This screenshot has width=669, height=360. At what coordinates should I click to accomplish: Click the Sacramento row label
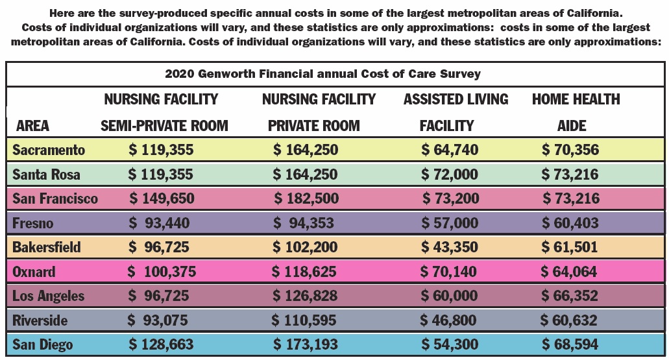pos(49,150)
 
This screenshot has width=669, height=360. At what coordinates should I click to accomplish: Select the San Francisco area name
pos(55,199)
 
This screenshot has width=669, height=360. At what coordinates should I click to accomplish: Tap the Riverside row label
pos(40,320)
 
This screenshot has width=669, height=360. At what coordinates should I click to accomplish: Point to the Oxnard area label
pos(34,272)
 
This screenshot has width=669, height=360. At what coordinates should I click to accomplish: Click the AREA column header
pos(32,126)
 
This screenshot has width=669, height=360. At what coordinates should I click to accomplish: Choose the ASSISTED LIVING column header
pos(456,100)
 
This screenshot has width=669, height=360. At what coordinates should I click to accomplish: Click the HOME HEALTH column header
pos(576,100)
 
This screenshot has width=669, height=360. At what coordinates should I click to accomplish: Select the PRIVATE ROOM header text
pos(313,126)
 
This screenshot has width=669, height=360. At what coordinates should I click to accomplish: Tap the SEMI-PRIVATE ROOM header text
pos(164,126)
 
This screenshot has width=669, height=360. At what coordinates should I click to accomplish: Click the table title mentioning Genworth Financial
pos(322,73)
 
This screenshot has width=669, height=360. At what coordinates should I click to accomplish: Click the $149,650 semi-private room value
pos(162,199)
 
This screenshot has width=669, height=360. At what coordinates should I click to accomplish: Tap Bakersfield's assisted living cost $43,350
pos(449,247)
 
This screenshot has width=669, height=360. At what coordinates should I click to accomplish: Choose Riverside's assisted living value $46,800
pos(448,320)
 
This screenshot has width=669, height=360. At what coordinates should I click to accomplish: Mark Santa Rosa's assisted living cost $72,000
pos(450,174)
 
